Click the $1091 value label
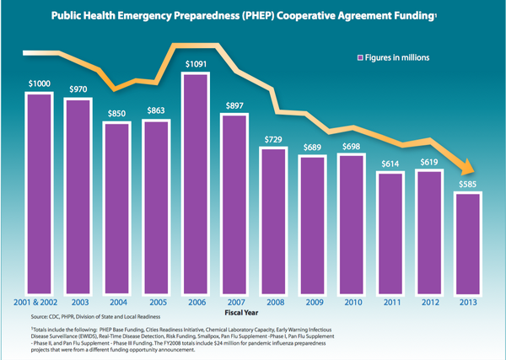coord(195,64)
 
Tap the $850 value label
coord(117,113)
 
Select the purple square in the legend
coord(360,58)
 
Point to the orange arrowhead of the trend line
coord(466,168)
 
